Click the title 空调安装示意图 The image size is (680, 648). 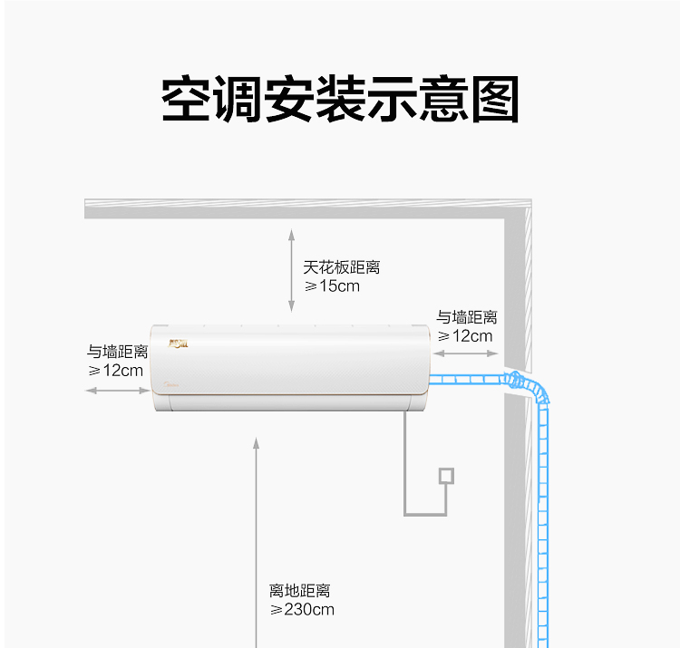pyautogui.click(x=340, y=99)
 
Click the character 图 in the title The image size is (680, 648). pyautogui.click(x=495, y=100)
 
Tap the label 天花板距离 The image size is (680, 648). pyautogui.click(x=342, y=267)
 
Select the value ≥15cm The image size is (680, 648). pyautogui.click(x=332, y=286)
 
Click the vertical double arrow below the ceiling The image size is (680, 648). pyautogui.click(x=291, y=270)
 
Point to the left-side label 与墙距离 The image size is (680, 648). pyautogui.click(x=118, y=352)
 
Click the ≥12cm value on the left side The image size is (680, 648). pyautogui.click(x=115, y=371)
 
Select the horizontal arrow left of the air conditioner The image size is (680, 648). pyautogui.click(x=118, y=391)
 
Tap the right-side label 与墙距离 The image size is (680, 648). pyautogui.click(x=467, y=317)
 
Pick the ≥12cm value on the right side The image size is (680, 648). pyautogui.click(x=465, y=336)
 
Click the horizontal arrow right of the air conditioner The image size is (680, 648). pyautogui.click(x=466, y=353)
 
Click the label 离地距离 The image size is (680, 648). pyautogui.click(x=300, y=590)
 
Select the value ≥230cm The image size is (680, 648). pyautogui.click(x=302, y=609)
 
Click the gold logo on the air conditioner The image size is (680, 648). pyautogui.click(x=178, y=344)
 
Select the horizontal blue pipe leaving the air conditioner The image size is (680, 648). pyautogui.click(x=466, y=380)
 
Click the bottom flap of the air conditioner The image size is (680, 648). pyautogui.click(x=290, y=402)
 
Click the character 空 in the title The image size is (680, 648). pyautogui.click(x=185, y=99)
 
